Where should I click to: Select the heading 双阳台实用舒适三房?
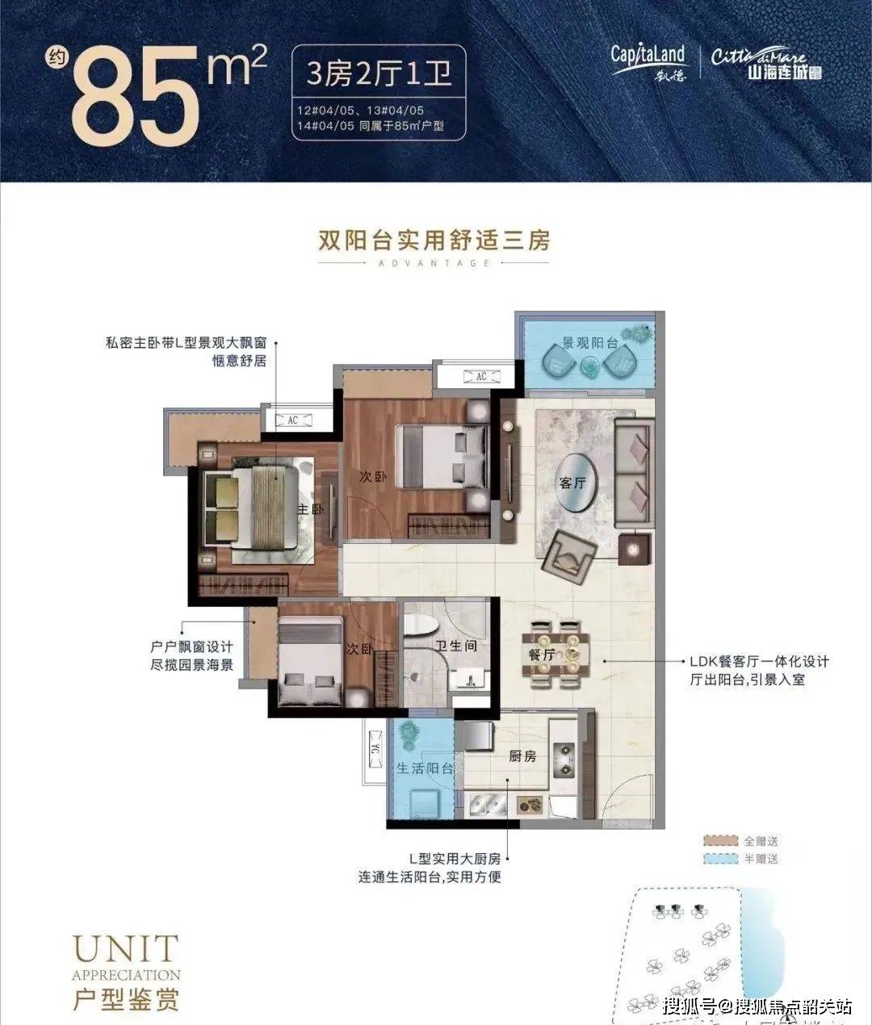(434, 240)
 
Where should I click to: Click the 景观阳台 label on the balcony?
(589, 343)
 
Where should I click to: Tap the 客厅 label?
(572, 482)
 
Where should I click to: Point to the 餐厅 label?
(542, 655)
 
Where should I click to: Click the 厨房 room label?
(522, 756)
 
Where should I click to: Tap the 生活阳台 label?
(424, 768)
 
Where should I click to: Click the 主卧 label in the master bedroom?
(308, 509)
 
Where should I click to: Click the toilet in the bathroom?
(421, 627)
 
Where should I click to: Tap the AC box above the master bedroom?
(293, 420)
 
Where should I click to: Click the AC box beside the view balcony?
(481, 376)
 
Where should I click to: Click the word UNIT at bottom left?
(124, 949)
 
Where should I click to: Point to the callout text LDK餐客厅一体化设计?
(758, 661)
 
